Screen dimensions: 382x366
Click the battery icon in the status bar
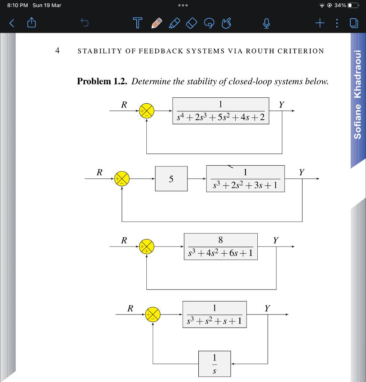[x=353, y=5]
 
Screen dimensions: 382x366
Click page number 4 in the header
[x=57, y=50]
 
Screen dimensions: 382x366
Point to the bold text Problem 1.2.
[x=102, y=81]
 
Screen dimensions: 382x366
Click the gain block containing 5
[x=171, y=179]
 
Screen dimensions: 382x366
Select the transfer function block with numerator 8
[x=220, y=247]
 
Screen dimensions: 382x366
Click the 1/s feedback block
[x=214, y=363]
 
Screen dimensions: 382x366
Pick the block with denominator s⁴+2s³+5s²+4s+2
[x=221, y=111]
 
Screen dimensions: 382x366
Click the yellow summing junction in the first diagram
[x=146, y=111]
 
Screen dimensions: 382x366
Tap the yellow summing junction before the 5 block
[x=122, y=179]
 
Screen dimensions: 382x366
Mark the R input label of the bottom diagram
[x=130, y=308]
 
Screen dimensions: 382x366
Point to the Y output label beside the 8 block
[x=276, y=240]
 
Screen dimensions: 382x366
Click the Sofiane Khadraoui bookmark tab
[x=358, y=93]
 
